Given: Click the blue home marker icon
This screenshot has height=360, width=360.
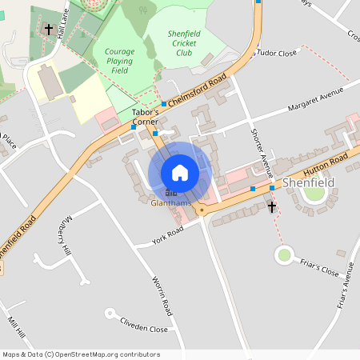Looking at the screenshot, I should pyautogui.click(x=180, y=172).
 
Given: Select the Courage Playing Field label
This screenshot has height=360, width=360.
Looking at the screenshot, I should pyautogui.click(x=119, y=61).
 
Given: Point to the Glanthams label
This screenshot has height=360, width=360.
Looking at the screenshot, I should pyautogui.click(x=171, y=203).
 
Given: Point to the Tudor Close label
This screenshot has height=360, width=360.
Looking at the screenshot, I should pyautogui.click(x=277, y=52).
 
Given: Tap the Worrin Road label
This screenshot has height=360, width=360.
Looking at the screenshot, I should pyautogui.click(x=162, y=295).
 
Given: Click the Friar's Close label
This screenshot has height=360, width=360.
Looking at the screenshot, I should pyautogui.click(x=319, y=266).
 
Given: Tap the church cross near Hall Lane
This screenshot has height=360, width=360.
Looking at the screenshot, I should pyautogui.click(x=49, y=30).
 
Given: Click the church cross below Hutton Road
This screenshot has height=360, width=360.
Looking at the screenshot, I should pyautogui.click(x=271, y=207).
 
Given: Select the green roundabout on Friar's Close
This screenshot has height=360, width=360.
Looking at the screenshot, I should pyautogui.click(x=283, y=255).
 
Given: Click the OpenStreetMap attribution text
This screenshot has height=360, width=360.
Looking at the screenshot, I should pyautogui.click(x=81, y=354).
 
